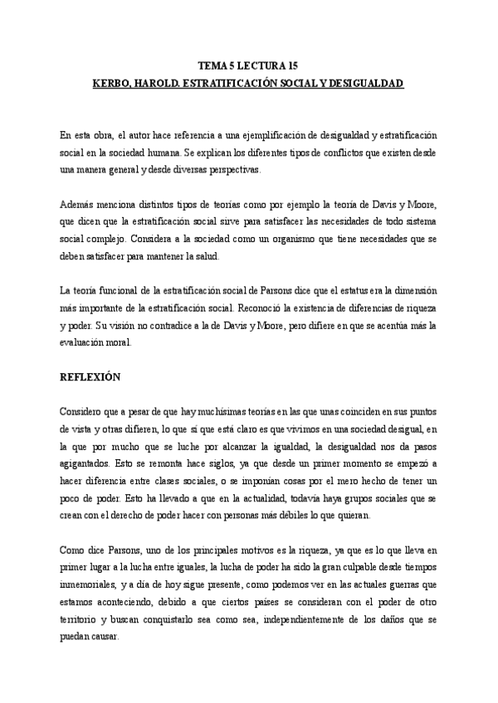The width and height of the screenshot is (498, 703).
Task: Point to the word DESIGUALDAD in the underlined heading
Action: click(364, 85)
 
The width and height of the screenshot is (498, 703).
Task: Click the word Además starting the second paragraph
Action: click(77, 206)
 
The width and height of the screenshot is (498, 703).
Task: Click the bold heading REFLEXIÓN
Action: click(90, 377)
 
